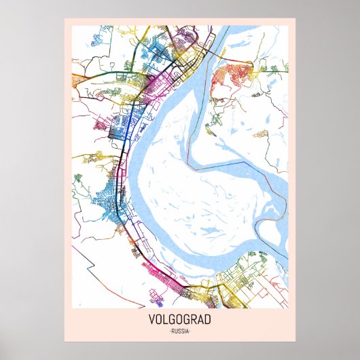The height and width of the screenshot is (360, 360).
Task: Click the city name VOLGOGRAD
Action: pyautogui.click(x=180, y=320)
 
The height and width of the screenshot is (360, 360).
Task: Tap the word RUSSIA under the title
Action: pyautogui.click(x=180, y=331)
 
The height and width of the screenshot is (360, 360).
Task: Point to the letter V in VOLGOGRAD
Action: pyautogui.click(x=150, y=320)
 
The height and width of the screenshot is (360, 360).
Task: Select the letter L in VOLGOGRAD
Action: pyautogui.click(x=165, y=320)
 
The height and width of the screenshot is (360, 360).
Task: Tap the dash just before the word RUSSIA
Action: pyautogui.click(x=169, y=331)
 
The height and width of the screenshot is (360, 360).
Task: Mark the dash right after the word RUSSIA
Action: pyautogui.click(x=191, y=331)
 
